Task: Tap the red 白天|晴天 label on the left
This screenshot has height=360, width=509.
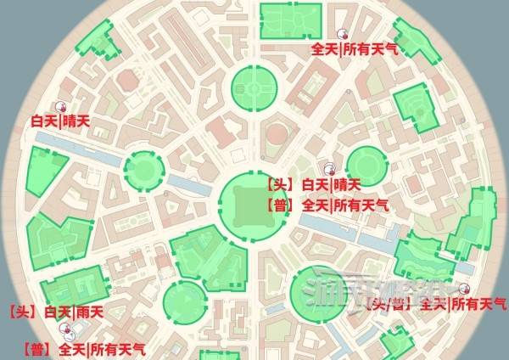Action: pyautogui.click(x=59, y=122)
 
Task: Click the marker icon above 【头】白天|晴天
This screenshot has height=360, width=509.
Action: pyautogui.click(x=330, y=168)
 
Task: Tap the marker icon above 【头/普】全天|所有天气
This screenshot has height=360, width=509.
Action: pyautogui.click(x=463, y=288)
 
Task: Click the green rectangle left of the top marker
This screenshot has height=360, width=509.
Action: pyautogui.click(x=290, y=20)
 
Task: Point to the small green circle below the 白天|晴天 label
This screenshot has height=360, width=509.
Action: pyautogui.click(x=143, y=168)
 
